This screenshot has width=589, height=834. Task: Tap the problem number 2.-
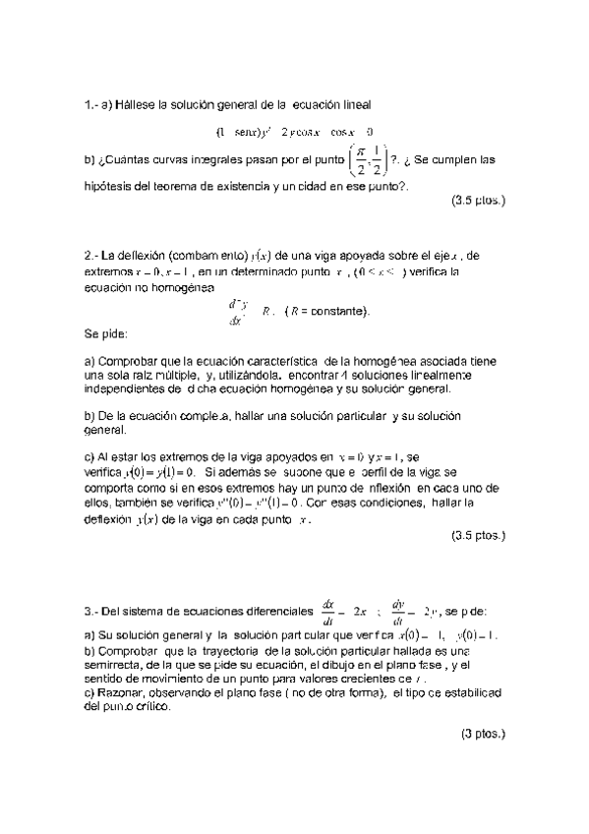click(x=92, y=256)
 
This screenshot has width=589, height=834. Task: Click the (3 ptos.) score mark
click(x=482, y=734)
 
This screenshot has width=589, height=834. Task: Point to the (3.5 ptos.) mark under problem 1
click(x=478, y=200)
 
